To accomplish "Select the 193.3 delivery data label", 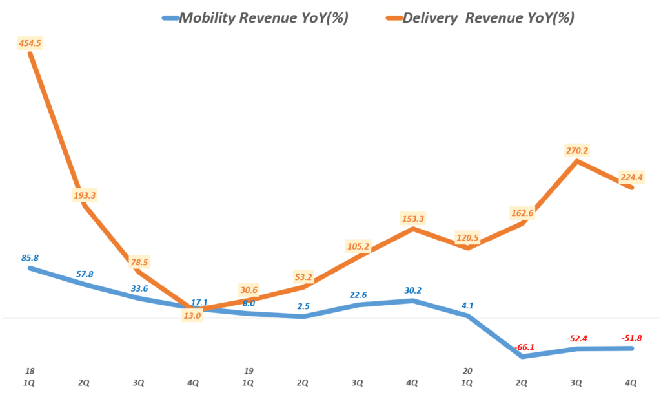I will pos(85,195).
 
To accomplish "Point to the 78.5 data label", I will pos(138,262).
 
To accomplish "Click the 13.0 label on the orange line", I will pos(192,316).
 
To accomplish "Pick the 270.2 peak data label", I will pos(576,151).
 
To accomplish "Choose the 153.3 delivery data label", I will pos(412,219).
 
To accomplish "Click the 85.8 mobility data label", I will pos(30,257).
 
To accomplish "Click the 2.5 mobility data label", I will pos(303,306).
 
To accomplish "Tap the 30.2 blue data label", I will pos(412,290).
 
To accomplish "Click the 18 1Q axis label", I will pos(30,377).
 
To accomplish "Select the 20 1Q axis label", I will pos(467,377).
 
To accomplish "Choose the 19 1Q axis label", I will pos(249,377).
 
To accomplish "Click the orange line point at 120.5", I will pos(467,248).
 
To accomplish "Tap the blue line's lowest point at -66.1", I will pos(522,356).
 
